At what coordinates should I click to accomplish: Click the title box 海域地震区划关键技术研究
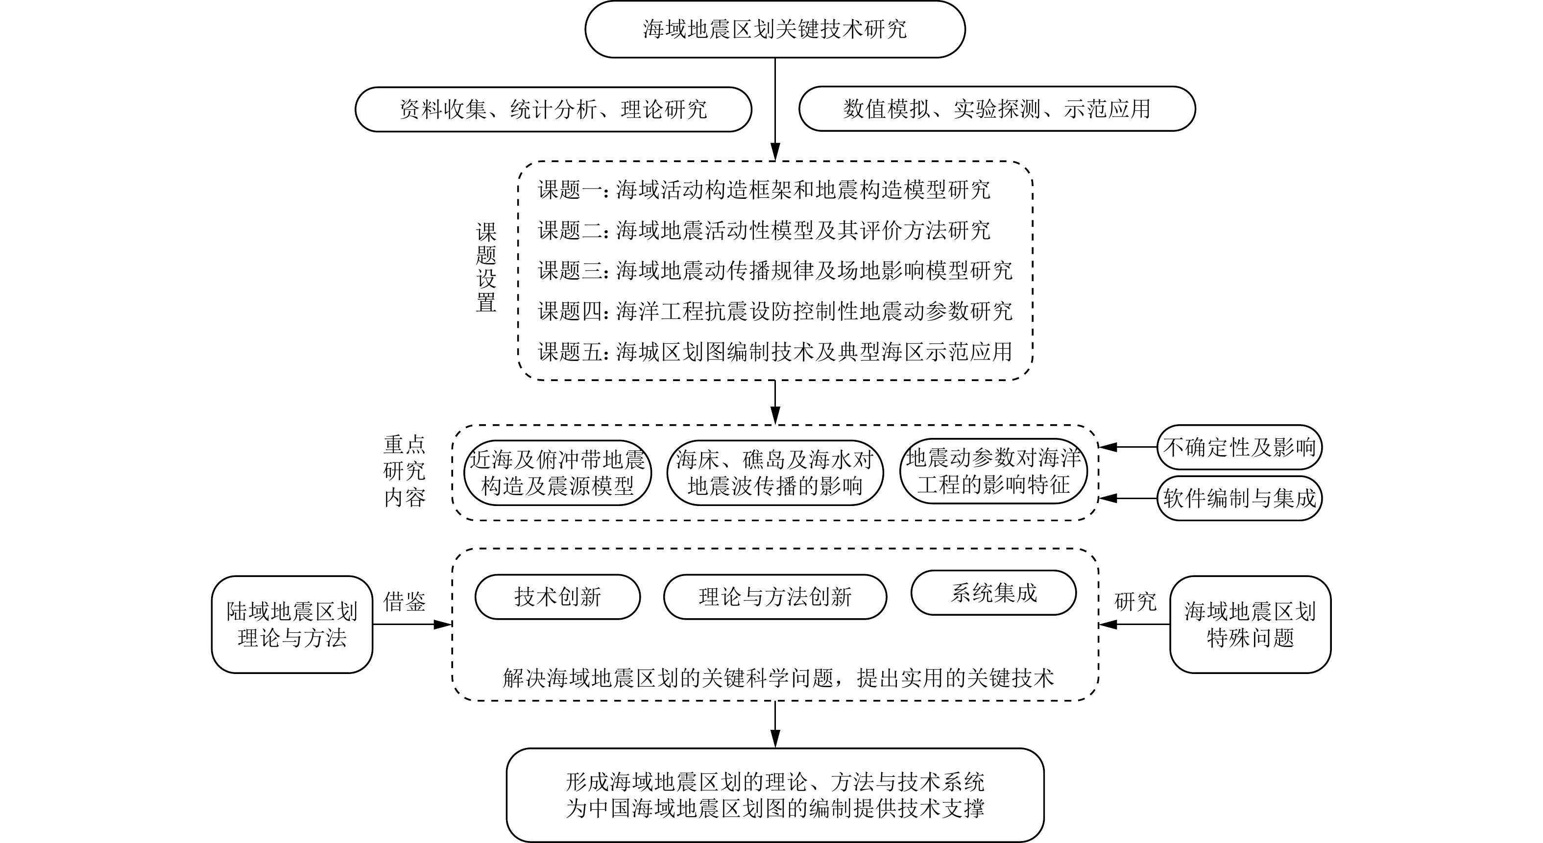pos(774,29)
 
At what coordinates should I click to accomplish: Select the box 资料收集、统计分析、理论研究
pos(553,110)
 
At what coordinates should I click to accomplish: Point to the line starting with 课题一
pos(764,190)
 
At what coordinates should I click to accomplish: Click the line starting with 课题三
pos(774,271)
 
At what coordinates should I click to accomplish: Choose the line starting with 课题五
pos(774,352)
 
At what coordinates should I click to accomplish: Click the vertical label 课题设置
pos(486,267)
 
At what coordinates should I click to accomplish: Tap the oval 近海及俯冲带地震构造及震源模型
pos(557,473)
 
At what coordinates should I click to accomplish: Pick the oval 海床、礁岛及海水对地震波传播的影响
pos(774,473)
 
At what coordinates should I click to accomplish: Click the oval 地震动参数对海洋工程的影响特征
pos(993,471)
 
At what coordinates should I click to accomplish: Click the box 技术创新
pos(557,597)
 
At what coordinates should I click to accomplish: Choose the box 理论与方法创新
pos(774,597)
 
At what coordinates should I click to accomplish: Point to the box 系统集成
pos(993,593)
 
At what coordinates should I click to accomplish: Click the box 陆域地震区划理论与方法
pos(292,625)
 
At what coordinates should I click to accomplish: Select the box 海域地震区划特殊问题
pos(1250,625)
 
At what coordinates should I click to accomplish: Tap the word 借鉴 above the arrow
pos(404,602)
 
